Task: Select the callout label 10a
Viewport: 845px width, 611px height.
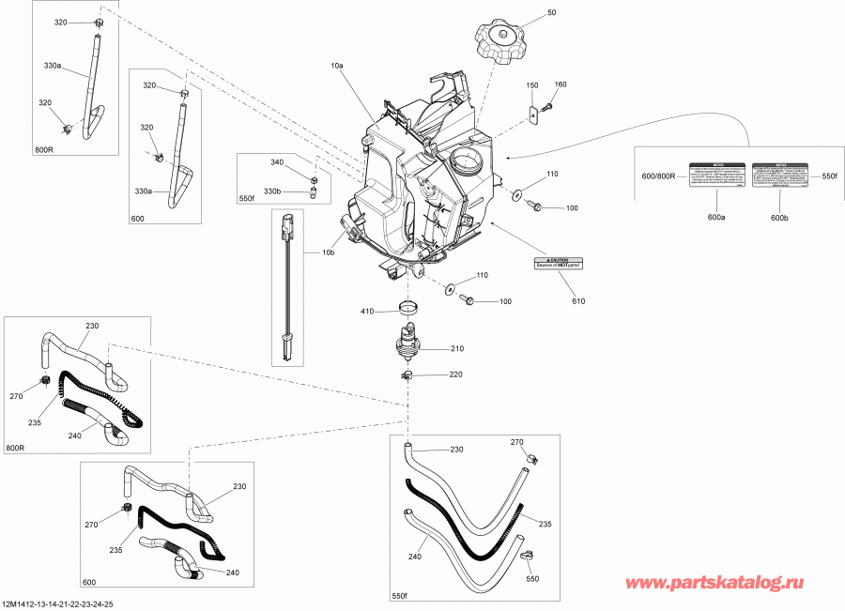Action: click(337, 68)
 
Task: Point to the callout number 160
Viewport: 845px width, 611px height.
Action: click(561, 85)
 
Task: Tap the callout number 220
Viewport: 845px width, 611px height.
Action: click(456, 374)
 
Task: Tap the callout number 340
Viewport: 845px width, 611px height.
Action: click(276, 163)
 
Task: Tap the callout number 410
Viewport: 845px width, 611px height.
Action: click(369, 311)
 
